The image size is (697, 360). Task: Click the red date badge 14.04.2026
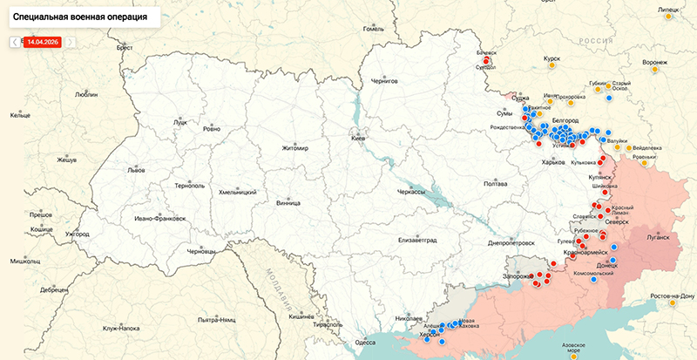pyautogui.click(x=43, y=41)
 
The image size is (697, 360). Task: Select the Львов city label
pyautogui.click(x=112, y=171)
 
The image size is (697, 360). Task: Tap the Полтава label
pyautogui.click(x=495, y=184)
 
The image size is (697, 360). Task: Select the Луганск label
pyautogui.click(x=656, y=236)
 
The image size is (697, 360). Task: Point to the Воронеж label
pyautogui.click(x=654, y=63)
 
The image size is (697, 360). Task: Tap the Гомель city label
pyautogui.click(x=373, y=29)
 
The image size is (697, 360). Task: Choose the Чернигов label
pyautogui.click(x=384, y=81)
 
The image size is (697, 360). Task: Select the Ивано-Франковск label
pyautogui.click(x=159, y=219)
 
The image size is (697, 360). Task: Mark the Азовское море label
pyautogui.click(x=575, y=349)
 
